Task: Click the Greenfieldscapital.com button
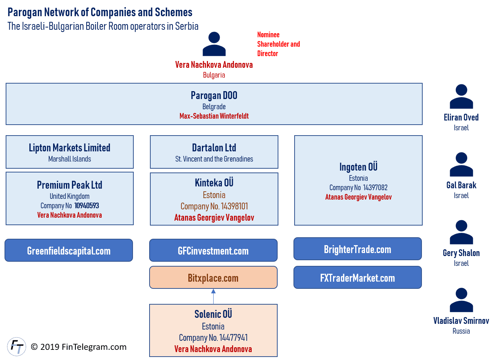tap(69, 250)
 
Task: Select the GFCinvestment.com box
tap(213, 250)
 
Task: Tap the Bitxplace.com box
tap(213, 278)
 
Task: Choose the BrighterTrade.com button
tap(357, 249)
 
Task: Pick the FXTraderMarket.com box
tap(357, 278)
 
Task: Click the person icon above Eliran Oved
tap(461, 97)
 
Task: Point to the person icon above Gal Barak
tap(461, 165)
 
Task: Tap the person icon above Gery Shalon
tap(461, 232)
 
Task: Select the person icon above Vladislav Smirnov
tap(461, 300)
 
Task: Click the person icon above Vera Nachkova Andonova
tap(214, 44)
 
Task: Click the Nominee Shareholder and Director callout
tap(279, 44)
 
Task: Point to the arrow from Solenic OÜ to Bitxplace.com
tap(213, 296)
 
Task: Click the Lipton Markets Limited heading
tap(70, 148)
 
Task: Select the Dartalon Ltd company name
tap(214, 148)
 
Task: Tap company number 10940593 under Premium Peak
tap(87, 206)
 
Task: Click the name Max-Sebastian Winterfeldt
tap(214, 116)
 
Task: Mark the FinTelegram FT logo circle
tap(17, 346)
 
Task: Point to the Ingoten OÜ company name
tap(358, 167)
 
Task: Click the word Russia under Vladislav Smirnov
tap(461, 331)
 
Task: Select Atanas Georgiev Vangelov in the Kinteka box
tap(214, 218)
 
